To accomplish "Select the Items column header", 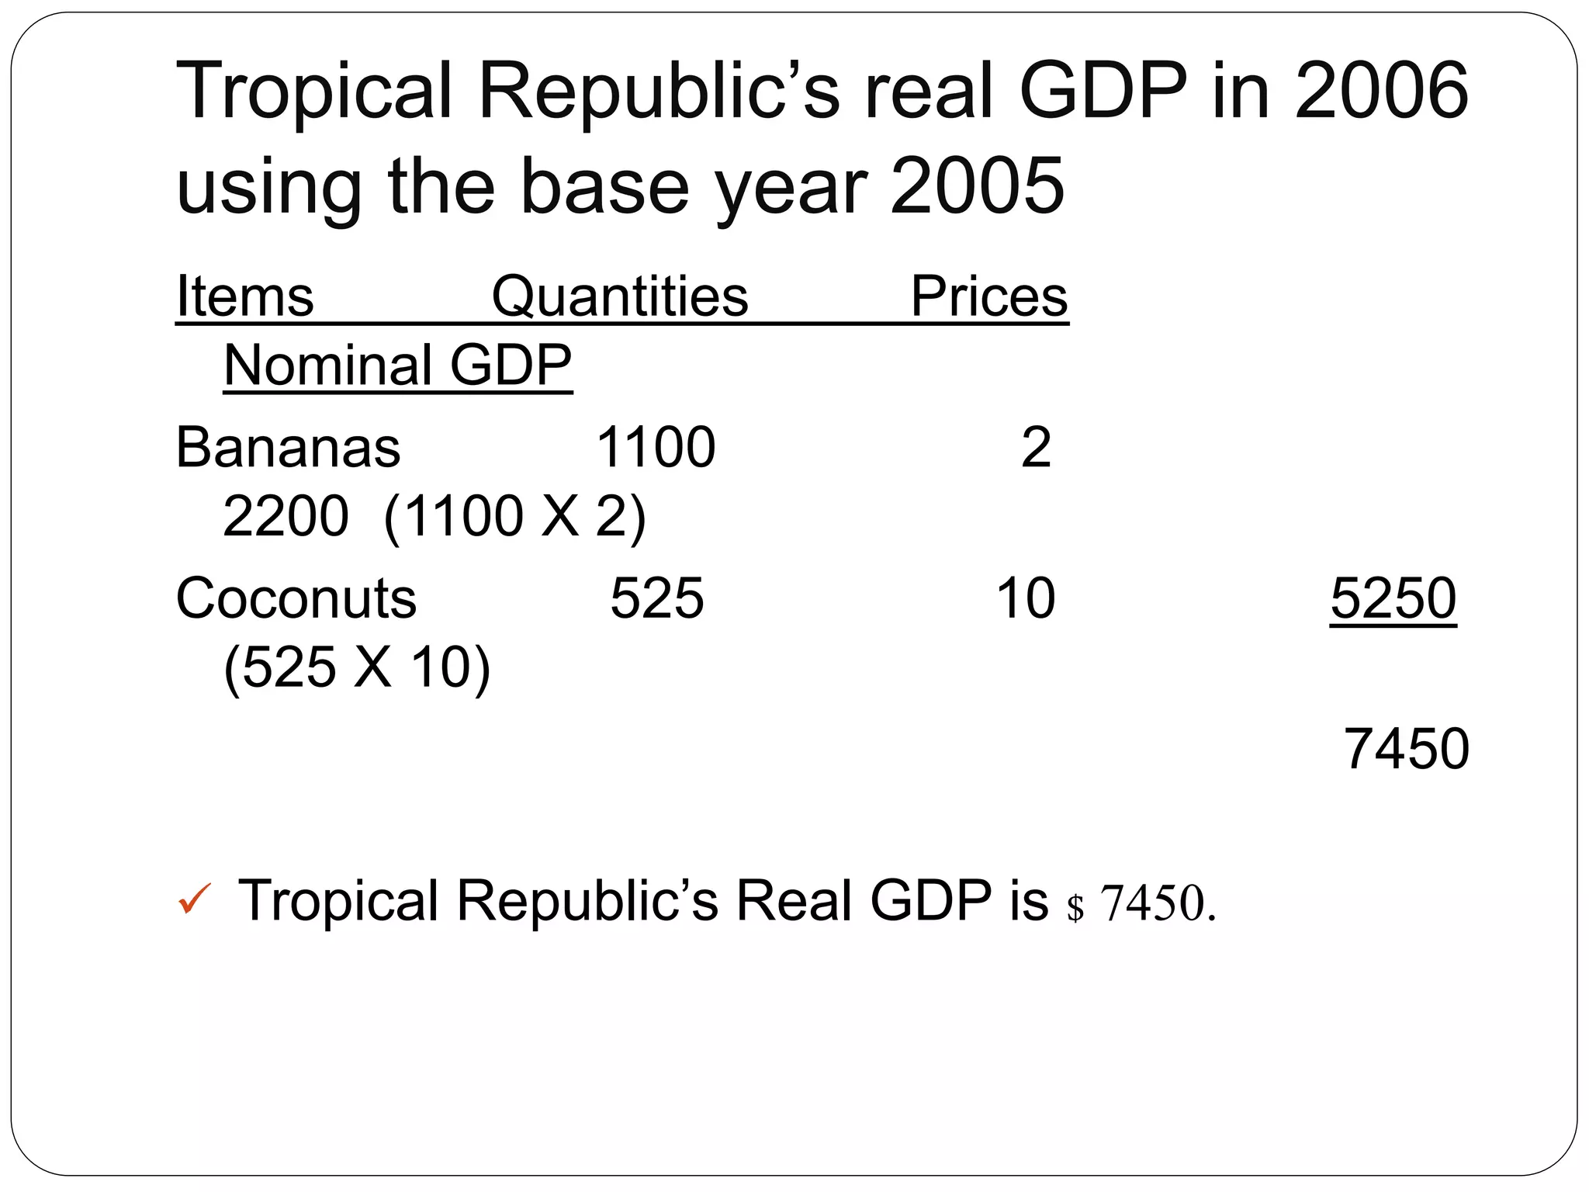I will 245,296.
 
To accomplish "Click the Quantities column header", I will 620,296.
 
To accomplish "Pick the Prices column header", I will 988,296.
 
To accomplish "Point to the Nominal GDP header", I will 397,365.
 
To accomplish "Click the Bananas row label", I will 288,448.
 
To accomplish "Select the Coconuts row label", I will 296,598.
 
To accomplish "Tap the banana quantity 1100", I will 656,448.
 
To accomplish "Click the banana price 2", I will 1036,448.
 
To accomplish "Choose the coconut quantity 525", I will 656,598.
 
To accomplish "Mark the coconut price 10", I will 1025,598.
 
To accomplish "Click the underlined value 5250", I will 1393,598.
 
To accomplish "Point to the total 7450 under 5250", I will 1406,749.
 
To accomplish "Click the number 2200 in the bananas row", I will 286,516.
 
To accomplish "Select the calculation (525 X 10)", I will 357,667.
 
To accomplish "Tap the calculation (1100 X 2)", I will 514,516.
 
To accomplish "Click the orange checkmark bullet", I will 194,899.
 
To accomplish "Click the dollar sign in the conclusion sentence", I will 1075,906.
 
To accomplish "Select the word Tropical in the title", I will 314,92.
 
